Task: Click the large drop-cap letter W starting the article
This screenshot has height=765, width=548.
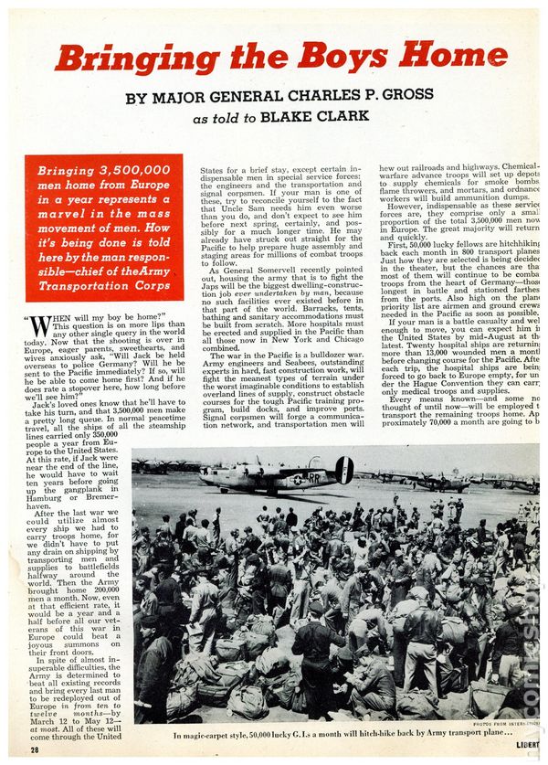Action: click(x=42, y=326)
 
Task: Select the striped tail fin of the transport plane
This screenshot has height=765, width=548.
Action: click(x=344, y=470)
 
